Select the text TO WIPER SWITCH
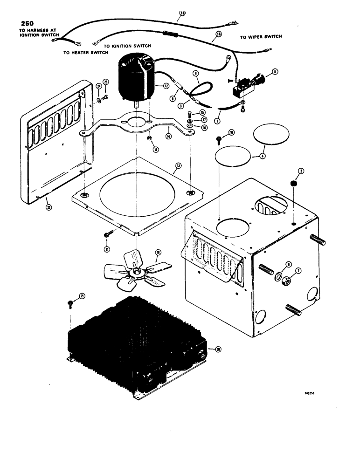(261, 37)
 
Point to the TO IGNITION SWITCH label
(127, 46)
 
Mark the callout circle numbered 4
(262, 157)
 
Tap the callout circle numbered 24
(99, 86)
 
